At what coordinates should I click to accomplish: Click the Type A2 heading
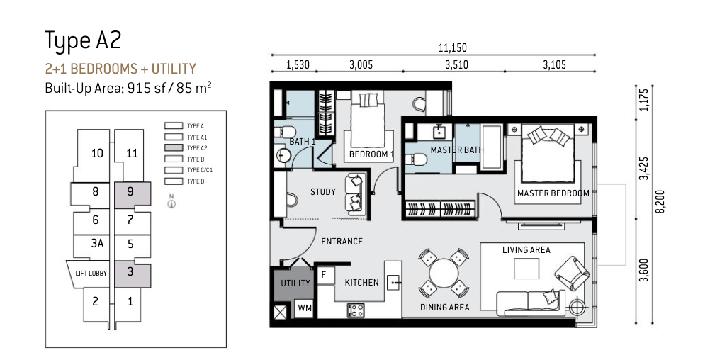[83, 40]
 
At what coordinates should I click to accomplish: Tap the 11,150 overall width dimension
[452, 47]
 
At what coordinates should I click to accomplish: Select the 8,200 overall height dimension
[660, 201]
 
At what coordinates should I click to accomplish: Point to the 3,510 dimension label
[456, 64]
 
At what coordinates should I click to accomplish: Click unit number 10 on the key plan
[97, 153]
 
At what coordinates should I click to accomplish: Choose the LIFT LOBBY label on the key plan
[91, 274]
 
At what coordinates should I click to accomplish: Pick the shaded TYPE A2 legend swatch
[174, 148]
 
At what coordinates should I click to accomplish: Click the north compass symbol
[171, 202]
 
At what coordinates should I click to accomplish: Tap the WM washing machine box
[304, 308]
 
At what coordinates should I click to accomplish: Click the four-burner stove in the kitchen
[356, 310]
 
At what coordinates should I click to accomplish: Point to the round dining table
[444, 273]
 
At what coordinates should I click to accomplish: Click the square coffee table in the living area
[526, 269]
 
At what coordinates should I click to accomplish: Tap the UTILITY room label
[295, 283]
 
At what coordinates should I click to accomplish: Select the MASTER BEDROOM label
[553, 193]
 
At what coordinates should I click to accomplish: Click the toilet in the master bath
[417, 159]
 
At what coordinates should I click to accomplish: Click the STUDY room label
[323, 192]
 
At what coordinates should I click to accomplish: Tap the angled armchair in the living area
[572, 273]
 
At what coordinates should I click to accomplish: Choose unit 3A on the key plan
[97, 244]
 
